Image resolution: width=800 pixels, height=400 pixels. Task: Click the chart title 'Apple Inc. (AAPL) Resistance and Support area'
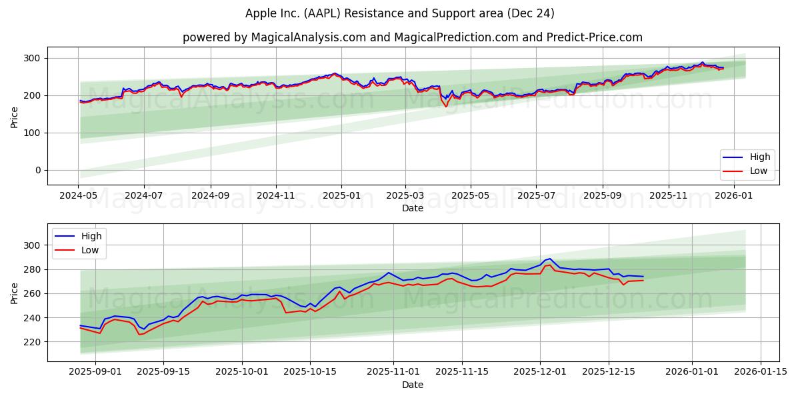(x=400, y=13)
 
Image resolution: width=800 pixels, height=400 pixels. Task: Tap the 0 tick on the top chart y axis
(x=39, y=170)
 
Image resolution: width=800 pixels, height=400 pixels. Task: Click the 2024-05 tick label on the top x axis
(x=79, y=195)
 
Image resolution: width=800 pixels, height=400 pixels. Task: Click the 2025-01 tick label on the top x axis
(x=341, y=195)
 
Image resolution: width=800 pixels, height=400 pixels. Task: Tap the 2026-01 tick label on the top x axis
(x=734, y=195)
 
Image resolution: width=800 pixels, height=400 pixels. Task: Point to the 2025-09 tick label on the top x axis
(x=603, y=195)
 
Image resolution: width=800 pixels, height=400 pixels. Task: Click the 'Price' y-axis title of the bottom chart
(x=15, y=293)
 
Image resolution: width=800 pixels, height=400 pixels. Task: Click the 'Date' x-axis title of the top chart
(x=413, y=209)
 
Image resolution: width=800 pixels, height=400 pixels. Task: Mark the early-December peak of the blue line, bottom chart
(x=549, y=259)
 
